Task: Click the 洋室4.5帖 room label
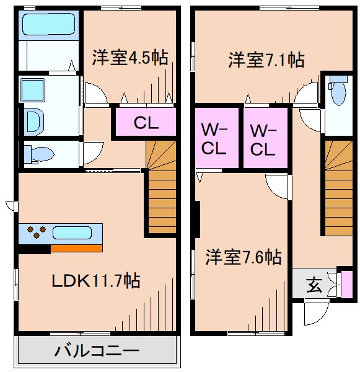130,58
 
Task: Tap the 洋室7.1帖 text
266,60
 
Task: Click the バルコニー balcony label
97,352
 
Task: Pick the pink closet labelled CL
146,123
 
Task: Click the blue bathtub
46,25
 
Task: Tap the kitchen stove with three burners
36,232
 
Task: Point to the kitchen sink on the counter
72,233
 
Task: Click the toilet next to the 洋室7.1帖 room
337,92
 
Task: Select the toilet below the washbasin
39,153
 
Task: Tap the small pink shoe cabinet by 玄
347,283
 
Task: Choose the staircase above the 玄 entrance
338,189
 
